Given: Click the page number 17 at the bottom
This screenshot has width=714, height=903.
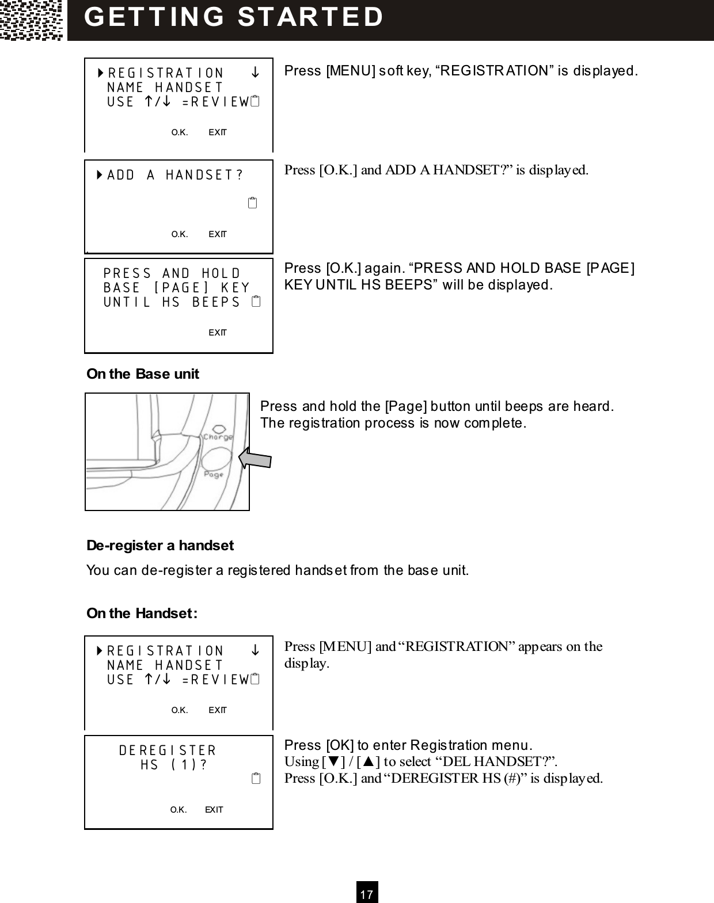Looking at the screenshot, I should (x=367, y=894).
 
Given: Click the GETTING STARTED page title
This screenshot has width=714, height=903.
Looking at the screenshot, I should (x=234, y=17).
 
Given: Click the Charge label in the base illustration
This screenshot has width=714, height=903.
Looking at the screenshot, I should (x=218, y=437).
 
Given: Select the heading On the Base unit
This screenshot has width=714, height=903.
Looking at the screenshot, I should (x=142, y=374).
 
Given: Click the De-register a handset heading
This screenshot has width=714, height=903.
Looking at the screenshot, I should (x=160, y=545).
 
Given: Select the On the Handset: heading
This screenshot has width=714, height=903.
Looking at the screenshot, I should (x=142, y=613).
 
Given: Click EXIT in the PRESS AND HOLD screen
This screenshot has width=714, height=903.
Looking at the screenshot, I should (x=217, y=333).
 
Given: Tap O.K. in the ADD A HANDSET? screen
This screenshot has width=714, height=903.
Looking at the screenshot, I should (x=180, y=234).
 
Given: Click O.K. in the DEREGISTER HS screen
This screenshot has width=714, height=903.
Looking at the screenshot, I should (x=178, y=810).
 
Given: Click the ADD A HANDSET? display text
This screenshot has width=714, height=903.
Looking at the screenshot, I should (x=174, y=175).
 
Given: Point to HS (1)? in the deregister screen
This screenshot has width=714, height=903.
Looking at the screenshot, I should (x=174, y=765).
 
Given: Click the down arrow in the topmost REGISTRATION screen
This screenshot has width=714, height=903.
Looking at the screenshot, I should (x=255, y=73).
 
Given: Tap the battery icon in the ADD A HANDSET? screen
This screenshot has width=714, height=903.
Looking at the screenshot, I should (x=252, y=203).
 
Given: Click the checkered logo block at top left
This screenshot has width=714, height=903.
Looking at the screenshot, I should (x=32, y=20).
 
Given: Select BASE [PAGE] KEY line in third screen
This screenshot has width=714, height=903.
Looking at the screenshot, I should (x=177, y=288).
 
